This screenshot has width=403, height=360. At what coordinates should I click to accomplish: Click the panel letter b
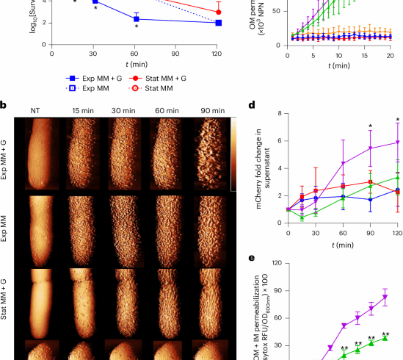(x=4, y=106)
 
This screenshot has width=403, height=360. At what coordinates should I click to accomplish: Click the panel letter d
(x=253, y=105)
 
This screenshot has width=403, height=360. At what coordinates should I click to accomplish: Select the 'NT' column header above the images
(x=35, y=110)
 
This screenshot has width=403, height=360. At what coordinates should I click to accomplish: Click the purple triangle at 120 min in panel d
(x=398, y=143)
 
